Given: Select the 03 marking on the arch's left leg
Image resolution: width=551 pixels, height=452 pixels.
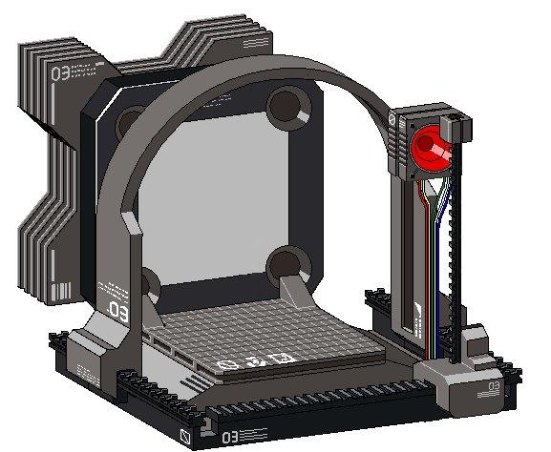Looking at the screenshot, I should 118,311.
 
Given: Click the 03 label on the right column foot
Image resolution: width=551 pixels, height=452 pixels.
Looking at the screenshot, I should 493,386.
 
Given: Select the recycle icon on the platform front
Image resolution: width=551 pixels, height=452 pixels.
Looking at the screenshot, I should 254,360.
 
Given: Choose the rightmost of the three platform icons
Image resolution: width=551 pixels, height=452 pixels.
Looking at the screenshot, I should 280,359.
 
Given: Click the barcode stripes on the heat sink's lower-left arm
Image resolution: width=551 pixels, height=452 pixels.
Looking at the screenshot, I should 59,289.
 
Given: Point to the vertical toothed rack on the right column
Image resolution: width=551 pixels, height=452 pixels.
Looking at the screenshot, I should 456,248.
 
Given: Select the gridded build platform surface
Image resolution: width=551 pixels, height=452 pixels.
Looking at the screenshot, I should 258,329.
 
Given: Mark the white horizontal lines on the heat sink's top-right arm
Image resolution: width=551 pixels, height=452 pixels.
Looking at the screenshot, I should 254,41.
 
